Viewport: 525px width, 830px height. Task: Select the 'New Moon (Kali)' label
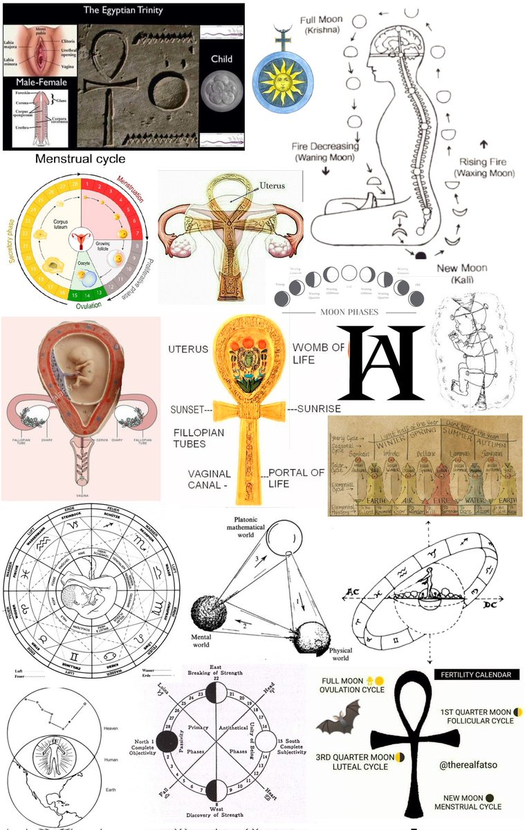pyautogui.click(x=461, y=273)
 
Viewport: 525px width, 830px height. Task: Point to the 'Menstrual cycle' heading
pyautogui.click(x=80, y=159)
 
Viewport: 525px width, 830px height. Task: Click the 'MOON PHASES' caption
pyautogui.click(x=349, y=312)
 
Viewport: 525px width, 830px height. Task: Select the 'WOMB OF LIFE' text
pyautogui.click(x=317, y=353)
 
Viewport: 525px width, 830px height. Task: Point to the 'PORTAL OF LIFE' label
pyautogui.click(x=296, y=478)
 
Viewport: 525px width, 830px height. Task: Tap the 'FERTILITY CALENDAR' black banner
pyautogui.click(x=476, y=674)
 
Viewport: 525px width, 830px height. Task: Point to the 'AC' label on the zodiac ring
pyautogui.click(x=351, y=594)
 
